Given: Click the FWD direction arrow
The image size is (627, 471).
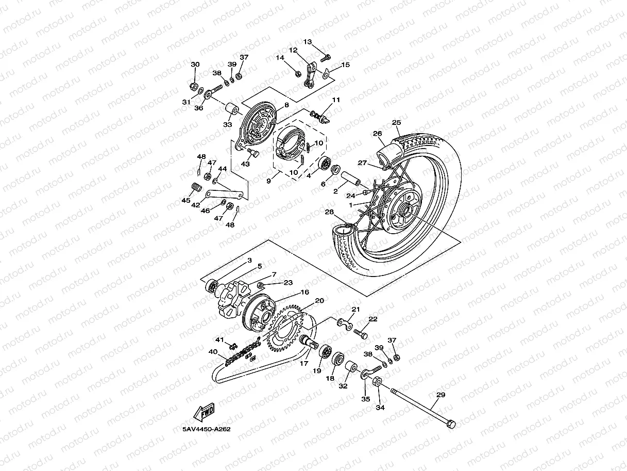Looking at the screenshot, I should click(x=204, y=412).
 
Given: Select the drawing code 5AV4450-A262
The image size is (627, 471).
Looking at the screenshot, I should click(x=206, y=429).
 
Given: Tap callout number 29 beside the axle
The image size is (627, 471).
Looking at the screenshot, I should click(x=440, y=395).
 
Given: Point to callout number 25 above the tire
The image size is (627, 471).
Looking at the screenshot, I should click(x=396, y=123).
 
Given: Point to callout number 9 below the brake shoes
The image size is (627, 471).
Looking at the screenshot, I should click(x=268, y=181).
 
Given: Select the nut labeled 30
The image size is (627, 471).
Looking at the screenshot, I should click(x=194, y=85).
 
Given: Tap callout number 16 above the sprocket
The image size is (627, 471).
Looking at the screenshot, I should click(x=304, y=293).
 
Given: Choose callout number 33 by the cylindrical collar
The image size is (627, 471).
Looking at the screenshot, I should click(x=227, y=124).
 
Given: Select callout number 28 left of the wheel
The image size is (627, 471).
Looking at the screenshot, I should click(x=329, y=212).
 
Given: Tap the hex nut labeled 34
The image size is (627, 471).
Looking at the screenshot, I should click(x=377, y=383).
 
